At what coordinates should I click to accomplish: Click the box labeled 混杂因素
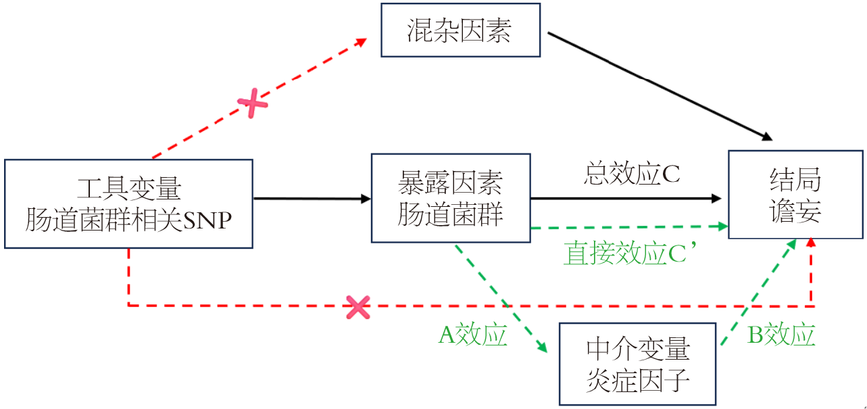(x=460, y=30)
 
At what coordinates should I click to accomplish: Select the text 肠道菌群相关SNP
(x=128, y=219)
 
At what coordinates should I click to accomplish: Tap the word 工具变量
(x=129, y=189)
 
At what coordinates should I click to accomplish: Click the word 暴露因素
(x=450, y=183)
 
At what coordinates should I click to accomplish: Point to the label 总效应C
(x=631, y=174)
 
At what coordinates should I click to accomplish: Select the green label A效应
(x=473, y=335)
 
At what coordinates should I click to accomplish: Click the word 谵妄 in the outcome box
(x=795, y=211)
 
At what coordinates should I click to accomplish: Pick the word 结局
(x=795, y=181)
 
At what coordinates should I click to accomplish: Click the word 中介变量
(x=638, y=350)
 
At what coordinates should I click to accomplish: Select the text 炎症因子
(x=638, y=381)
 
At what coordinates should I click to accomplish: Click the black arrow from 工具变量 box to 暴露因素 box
(x=312, y=199)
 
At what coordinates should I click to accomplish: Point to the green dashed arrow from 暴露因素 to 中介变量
(x=500, y=297)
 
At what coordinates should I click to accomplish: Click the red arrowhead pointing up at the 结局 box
(x=811, y=242)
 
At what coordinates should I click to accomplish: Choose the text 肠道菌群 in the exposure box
(x=450, y=215)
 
